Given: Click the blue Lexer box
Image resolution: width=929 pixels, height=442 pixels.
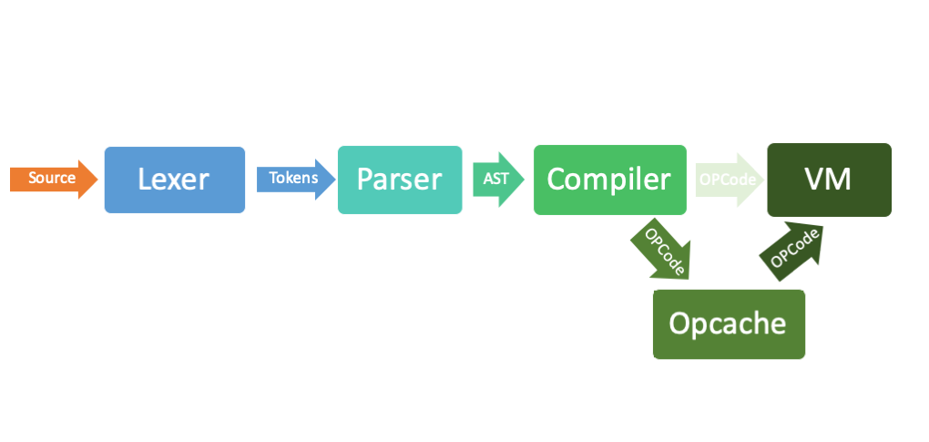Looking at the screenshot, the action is (x=175, y=180).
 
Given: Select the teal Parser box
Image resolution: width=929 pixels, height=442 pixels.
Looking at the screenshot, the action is (x=400, y=180).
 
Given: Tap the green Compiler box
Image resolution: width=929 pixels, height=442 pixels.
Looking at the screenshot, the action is (x=610, y=180).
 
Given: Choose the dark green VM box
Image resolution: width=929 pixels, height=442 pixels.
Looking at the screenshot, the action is (x=830, y=180).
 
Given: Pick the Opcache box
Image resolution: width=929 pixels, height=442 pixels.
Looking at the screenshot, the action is (x=729, y=324).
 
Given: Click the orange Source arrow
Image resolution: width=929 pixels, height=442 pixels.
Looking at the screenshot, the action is (x=54, y=179).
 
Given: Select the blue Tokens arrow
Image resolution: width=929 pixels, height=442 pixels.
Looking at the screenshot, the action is (x=296, y=179).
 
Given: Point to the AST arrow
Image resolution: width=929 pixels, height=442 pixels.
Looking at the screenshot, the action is (x=498, y=180).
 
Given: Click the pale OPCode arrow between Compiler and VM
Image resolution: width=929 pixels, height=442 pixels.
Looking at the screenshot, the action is (x=730, y=180).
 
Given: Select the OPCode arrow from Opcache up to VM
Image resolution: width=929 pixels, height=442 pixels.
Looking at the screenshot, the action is (x=792, y=252).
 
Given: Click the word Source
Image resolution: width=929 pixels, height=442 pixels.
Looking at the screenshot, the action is (x=52, y=179).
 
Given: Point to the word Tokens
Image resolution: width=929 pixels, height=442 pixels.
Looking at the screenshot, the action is (x=293, y=179).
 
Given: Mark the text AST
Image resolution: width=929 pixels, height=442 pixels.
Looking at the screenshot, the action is (x=495, y=179).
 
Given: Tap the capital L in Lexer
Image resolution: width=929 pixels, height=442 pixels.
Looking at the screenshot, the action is (x=144, y=180).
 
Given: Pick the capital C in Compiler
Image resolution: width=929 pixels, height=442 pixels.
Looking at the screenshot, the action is (x=556, y=180).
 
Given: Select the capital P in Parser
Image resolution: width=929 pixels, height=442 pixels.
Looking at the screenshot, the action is (x=363, y=180).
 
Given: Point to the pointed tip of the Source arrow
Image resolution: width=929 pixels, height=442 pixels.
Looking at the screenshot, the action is (x=97, y=179).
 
